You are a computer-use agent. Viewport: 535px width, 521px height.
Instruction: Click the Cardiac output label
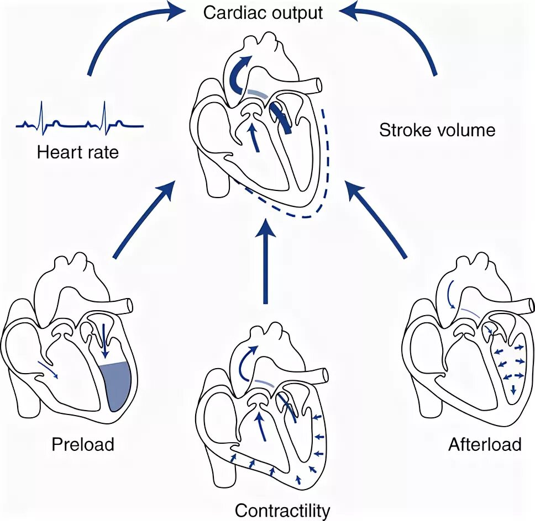pos(263,12)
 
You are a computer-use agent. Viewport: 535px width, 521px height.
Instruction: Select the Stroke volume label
pos(437,130)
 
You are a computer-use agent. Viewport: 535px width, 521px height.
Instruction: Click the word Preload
pos(83,444)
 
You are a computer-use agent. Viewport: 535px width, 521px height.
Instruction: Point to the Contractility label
pos(282,510)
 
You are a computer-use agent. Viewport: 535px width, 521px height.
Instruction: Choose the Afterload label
pos(485,444)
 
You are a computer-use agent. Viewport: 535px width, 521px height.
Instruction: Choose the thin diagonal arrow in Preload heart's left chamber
pos(46,369)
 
